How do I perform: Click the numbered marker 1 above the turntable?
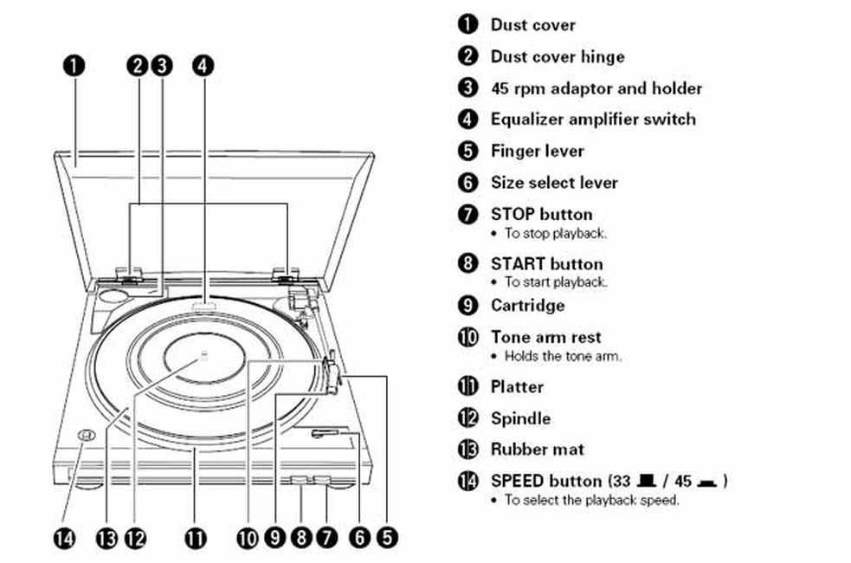pos(75,65)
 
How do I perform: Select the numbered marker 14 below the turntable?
pos(67,538)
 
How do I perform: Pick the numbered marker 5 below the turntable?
pos(385,538)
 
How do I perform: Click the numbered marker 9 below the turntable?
pos(275,538)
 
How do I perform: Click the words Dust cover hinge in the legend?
pos(557,57)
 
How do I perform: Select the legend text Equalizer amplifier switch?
pos(592,120)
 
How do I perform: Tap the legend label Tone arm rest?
pos(545,337)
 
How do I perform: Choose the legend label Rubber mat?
pos(537,450)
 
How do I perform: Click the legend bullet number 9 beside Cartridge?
pos(467,306)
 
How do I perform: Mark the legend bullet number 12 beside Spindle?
pos(467,418)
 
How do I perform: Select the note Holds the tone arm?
pos(563,356)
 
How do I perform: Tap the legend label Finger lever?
pos(537,151)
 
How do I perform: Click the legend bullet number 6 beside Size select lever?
pos(467,183)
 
